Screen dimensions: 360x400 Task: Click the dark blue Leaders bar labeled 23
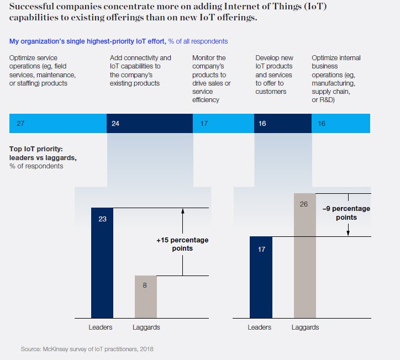pyautogui.click(x=102, y=263)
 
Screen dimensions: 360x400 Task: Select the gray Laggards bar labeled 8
pyautogui.click(x=146, y=297)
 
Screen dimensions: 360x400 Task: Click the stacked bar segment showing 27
pyautogui.click(x=58, y=124)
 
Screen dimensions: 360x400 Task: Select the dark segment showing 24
pyautogui.click(x=149, y=124)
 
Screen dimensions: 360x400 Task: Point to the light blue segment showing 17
pyautogui.click(x=223, y=124)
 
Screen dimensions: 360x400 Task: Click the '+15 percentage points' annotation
pyautogui.click(x=175, y=245)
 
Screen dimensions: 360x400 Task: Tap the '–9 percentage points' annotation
pyautogui.click(x=346, y=213)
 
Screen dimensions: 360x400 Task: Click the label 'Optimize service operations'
pyautogui.click(x=43, y=70)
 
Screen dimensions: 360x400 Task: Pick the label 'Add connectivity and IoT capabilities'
pyautogui.click(x=141, y=70)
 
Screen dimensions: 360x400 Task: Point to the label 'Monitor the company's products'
pyautogui.click(x=212, y=78)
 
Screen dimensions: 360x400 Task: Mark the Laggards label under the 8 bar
pyautogui.click(x=146, y=327)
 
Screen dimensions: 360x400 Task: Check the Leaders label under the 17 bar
pyautogui.click(x=259, y=327)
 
